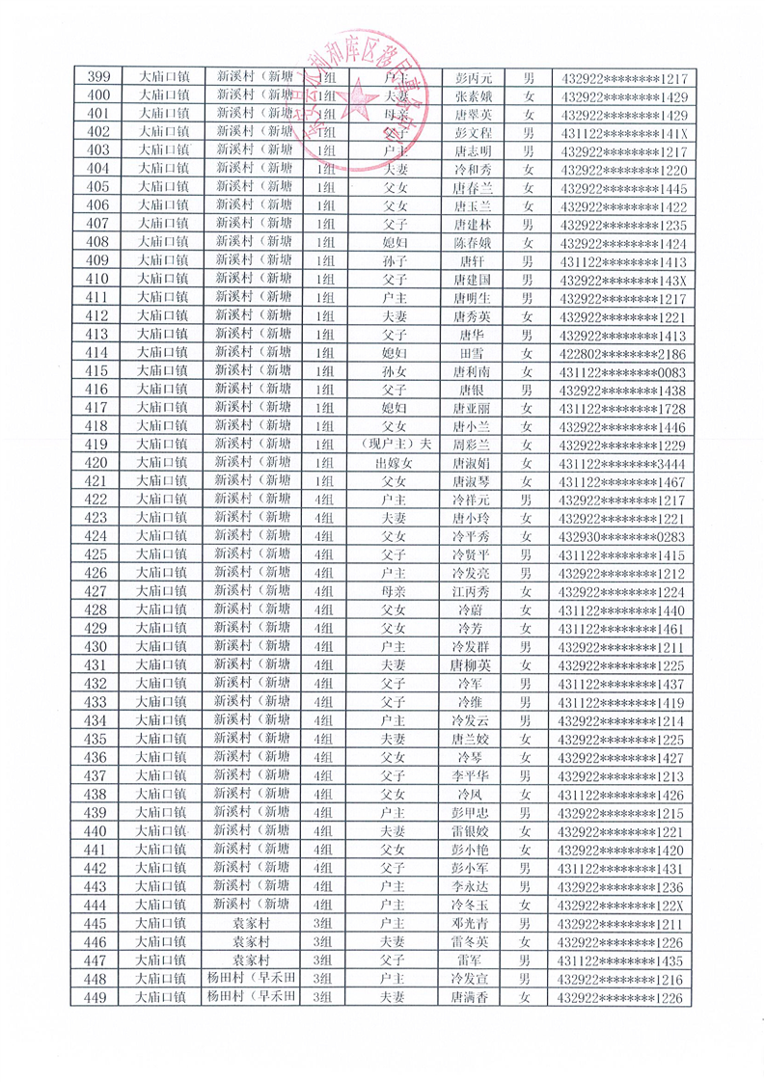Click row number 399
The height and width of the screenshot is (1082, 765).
pyautogui.click(x=96, y=77)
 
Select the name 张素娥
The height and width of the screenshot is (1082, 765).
pyautogui.click(x=473, y=96)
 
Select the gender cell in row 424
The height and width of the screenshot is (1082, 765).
pyautogui.click(x=528, y=536)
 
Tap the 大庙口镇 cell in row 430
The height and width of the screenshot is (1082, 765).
pyautogui.click(x=160, y=646)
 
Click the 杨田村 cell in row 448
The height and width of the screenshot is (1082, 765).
pyautogui.click(x=253, y=979)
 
